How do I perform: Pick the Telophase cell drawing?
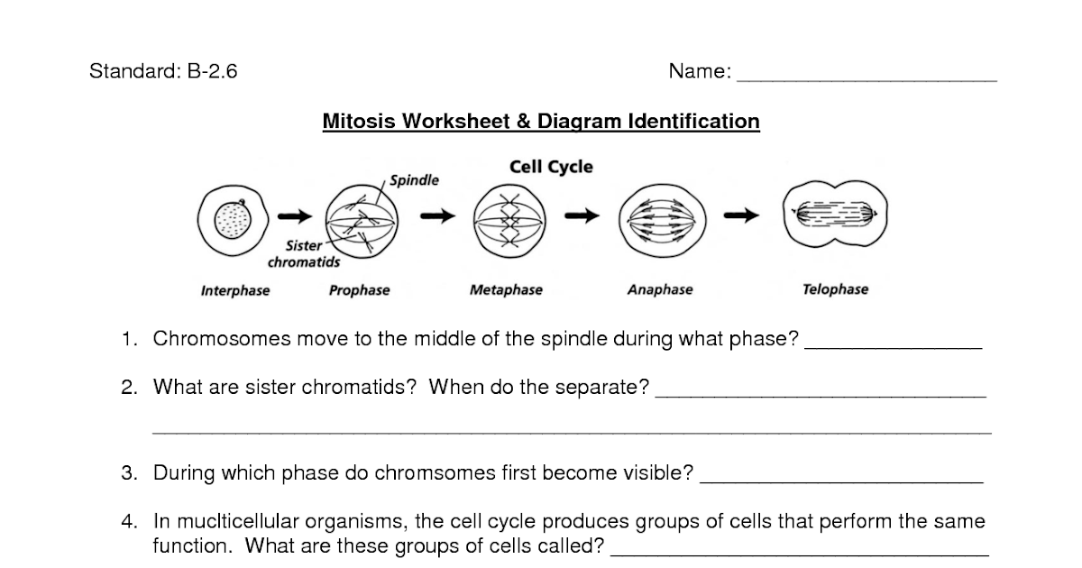click(x=836, y=215)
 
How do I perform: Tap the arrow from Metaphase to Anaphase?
click(x=582, y=215)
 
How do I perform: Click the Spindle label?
click(x=414, y=180)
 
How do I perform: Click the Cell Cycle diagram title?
click(x=551, y=167)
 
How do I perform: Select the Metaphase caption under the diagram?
click(x=506, y=290)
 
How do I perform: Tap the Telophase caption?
click(x=835, y=289)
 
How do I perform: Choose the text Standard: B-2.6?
click(x=163, y=72)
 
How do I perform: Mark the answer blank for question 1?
click(x=892, y=345)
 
